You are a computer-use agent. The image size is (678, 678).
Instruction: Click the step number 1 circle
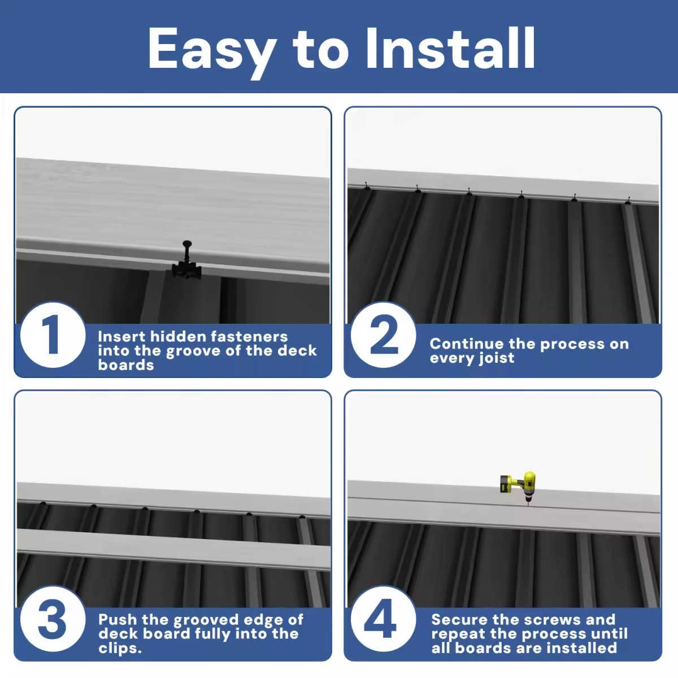[52, 335]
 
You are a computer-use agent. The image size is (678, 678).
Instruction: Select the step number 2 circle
[383, 335]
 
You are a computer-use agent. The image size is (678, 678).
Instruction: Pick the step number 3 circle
[52, 619]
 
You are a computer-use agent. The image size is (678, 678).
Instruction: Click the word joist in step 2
[496, 358]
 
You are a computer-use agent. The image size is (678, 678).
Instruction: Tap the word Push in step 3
[118, 620]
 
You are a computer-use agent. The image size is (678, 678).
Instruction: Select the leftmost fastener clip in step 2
[367, 187]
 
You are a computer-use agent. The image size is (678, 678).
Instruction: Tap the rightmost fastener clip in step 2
[627, 201]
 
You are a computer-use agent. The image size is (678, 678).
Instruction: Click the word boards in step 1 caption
[125, 365]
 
